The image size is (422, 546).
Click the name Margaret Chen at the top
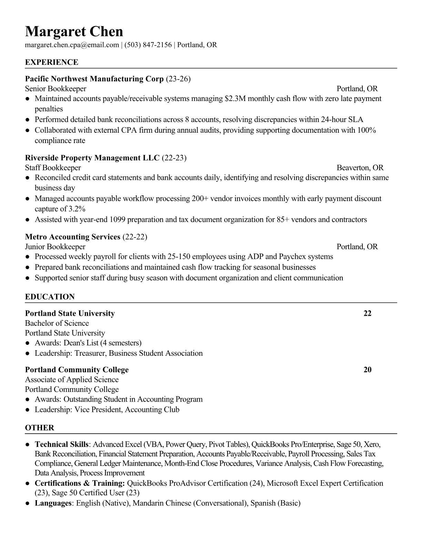74,32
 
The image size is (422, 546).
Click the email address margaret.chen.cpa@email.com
72,45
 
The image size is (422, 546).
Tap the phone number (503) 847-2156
148,45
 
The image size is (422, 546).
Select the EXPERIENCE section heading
52,62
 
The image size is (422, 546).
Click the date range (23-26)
178,79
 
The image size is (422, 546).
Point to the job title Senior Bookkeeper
56,89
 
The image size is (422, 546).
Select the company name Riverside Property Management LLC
92,158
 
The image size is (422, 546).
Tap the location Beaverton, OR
360,168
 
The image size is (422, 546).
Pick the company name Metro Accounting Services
72,237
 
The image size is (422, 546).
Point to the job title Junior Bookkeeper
55,247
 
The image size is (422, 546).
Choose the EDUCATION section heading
50,297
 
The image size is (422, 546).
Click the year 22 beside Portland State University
368,313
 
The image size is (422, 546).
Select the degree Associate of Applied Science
72,380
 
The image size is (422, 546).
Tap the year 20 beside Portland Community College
368,370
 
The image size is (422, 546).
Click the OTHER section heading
40,428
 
